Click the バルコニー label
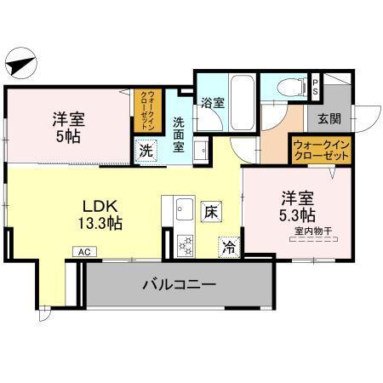click(178, 283)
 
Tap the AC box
click(84, 252)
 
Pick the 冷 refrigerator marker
click(228, 246)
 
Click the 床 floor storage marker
click(209, 209)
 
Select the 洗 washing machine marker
click(146, 151)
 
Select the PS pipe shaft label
click(314, 85)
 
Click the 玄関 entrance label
click(329, 119)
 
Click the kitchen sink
click(184, 208)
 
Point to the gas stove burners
click(184, 243)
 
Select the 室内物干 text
click(312, 231)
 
